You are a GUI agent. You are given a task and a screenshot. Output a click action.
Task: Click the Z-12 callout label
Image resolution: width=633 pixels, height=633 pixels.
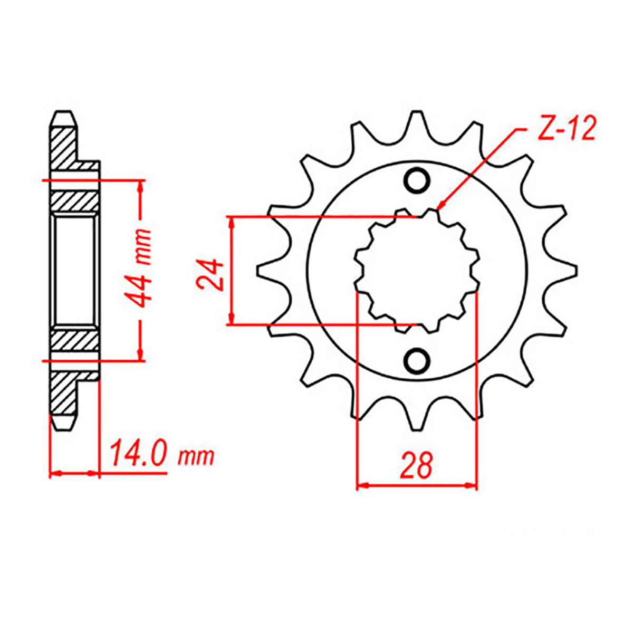565,129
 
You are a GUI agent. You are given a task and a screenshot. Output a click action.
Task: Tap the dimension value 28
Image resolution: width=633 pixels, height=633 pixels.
417,465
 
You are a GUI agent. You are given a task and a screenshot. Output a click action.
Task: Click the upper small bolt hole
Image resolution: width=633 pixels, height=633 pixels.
417,180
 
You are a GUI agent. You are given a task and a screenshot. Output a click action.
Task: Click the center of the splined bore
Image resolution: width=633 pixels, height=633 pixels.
417,271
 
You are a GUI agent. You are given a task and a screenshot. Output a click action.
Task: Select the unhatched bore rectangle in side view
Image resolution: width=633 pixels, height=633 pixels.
75,271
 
